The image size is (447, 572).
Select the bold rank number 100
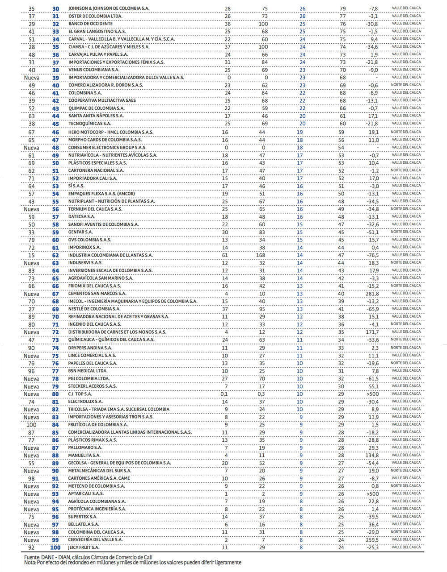click(x=55, y=547)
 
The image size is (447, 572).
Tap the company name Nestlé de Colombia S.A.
click(x=94, y=309)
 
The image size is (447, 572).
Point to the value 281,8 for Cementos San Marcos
click(x=372, y=294)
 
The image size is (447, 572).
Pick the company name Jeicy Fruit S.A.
click(x=84, y=547)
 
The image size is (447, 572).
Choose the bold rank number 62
click(x=55, y=255)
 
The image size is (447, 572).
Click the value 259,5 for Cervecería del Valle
click(x=372, y=540)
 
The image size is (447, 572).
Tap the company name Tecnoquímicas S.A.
click(x=90, y=124)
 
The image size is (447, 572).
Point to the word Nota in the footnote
click(x=30, y=563)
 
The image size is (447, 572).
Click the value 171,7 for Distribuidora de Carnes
click(x=372, y=332)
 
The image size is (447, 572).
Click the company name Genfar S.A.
click(x=80, y=232)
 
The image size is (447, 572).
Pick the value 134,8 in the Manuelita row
click(x=372, y=455)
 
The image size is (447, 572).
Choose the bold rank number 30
click(x=55, y=8)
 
